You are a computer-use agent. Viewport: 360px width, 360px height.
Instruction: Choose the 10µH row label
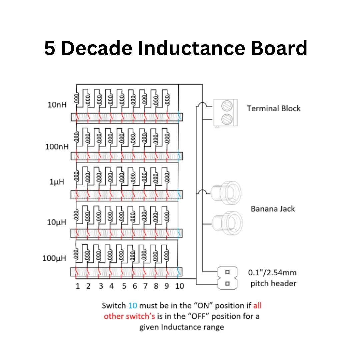tap(57, 222)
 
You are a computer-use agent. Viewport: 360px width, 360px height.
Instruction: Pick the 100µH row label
tap(55, 258)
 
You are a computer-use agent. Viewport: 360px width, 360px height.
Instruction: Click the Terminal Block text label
tap(273, 108)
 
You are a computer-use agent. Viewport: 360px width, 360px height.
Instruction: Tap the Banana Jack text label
tap(273, 209)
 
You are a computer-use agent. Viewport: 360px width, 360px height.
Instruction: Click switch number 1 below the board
tap(77, 286)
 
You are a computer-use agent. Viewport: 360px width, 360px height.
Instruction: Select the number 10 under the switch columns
tap(179, 286)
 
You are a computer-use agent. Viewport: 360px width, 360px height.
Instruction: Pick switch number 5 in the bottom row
tap(124, 286)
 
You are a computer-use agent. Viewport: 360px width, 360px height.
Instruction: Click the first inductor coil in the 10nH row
tap(77, 98)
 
